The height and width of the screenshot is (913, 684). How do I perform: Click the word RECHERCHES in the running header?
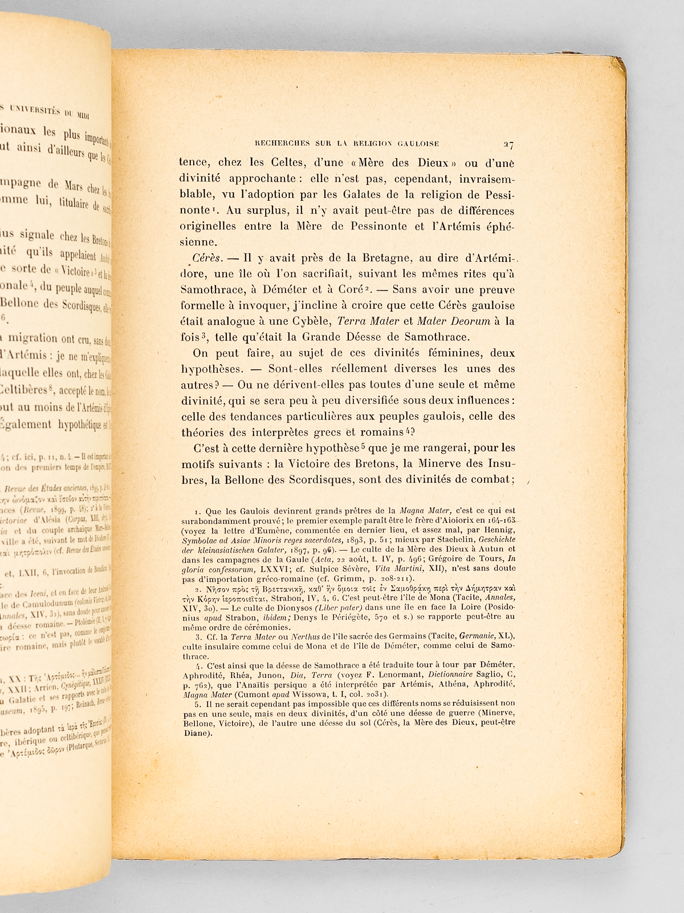[269, 144]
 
